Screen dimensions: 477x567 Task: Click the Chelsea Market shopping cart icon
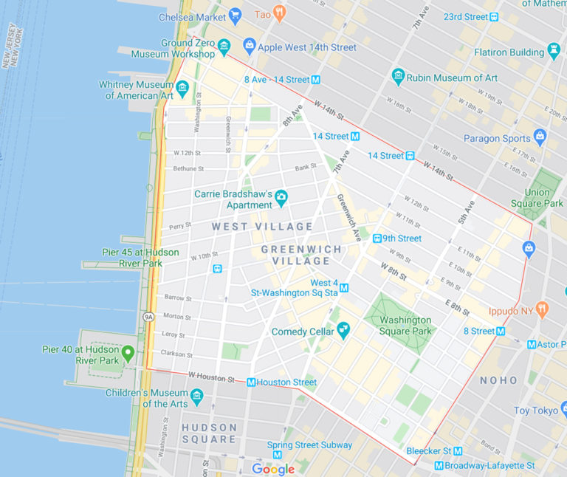pyautogui.click(x=236, y=16)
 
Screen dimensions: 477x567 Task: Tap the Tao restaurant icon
pyautogui.click(x=279, y=13)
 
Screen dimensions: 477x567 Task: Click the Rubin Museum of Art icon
pyautogui.click(x=399, y=77)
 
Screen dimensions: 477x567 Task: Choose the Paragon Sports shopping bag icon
pyautogui.click(x=540, y=137)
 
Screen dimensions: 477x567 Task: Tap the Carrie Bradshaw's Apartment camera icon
pyautogui.click(x=281, y=198)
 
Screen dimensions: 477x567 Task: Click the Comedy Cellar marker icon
pyautogui.click(x=343, y=331)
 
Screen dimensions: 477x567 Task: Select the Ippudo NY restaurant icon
pyautogui.click(x=543, y=309)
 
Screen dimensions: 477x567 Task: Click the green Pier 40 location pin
pyautogui.click(x=128, y=354)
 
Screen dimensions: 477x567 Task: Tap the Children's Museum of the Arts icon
pyautogui.click(x=197, y=397)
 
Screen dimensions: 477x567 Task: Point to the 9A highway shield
pyautogui.click(x=148, y=317)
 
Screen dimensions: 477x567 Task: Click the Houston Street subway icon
pyautogui.click(x=251, y=382)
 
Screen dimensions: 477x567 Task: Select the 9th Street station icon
pyautogui.click(x=377, y=238)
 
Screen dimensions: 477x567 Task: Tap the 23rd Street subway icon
pyautogui.click(x=494, y=17)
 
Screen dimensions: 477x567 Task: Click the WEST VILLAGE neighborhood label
pyautogui.click(x=262, y=226)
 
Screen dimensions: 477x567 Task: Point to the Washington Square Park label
pyautogui.click(x=406, y=326)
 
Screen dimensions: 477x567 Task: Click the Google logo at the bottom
pyautogui.click(x=273, y=469)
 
